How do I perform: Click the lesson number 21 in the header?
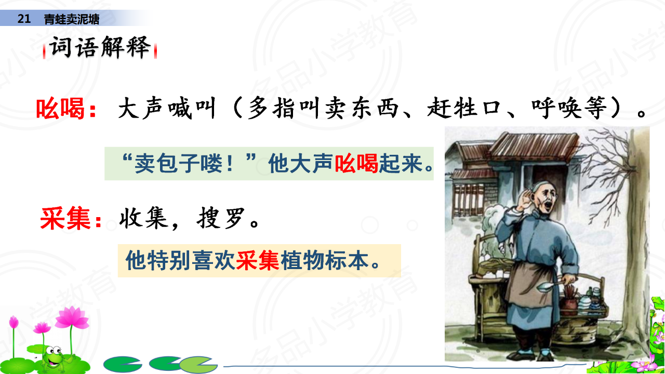coord(24,19)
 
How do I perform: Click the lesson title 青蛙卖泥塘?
coord(72,19)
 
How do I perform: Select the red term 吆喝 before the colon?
coord(60,108)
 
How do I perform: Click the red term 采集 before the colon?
coord(65,219)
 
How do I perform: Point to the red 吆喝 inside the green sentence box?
coord(356,163)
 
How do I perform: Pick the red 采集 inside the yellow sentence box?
coord(258,261)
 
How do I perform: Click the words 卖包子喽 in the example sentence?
coord(179,163)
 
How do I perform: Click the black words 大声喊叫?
coord(167,108)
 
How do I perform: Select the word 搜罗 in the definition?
coord(221,218)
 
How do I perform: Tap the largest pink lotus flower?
coord(72,318)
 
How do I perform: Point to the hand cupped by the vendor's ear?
coord(525,199)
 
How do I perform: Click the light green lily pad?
coord(198,364)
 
